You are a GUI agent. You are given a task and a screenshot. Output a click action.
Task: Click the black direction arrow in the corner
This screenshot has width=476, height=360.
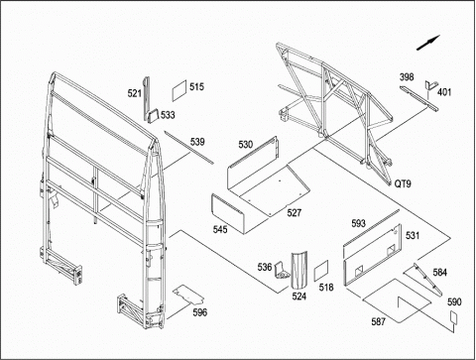(428, 43)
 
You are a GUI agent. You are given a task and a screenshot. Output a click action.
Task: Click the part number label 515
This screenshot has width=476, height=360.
(196, 87)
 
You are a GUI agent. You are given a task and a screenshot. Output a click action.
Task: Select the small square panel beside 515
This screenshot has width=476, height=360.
(179, 90)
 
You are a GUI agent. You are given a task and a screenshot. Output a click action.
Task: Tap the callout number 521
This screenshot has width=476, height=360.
(135, 93)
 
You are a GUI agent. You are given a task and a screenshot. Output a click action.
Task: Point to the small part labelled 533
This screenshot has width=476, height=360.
(153, 117)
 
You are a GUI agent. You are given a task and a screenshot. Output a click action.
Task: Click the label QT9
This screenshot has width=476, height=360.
(403, 183)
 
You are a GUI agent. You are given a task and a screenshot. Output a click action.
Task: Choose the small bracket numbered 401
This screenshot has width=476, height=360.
(430, 85)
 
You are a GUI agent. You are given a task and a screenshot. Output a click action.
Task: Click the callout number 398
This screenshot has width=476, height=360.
(407, 77)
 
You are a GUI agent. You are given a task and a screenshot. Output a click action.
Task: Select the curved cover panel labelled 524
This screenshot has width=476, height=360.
(299, 269)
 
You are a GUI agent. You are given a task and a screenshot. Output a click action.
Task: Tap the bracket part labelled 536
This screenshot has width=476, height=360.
(282, 272)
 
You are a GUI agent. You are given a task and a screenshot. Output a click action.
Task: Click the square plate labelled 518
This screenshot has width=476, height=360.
(321, 271)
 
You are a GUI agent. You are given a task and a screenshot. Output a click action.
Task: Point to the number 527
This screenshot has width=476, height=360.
(295, 212)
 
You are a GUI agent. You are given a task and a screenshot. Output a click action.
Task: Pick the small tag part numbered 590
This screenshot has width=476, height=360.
(453, 317)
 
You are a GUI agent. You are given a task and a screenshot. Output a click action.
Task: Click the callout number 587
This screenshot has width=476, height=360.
(379, 321)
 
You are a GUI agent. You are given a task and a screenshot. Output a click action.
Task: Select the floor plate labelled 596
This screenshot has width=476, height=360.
(188, 295)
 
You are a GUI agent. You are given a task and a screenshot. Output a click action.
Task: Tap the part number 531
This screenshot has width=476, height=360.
(413, 235)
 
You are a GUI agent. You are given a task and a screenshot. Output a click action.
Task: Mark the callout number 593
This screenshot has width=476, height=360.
(358, 223)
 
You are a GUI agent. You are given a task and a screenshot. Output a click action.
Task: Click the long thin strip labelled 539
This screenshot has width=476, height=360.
(188, 147)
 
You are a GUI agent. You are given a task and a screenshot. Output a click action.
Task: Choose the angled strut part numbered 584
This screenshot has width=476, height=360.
(427, 279)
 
